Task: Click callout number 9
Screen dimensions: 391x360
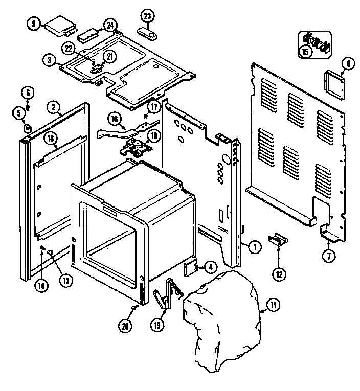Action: (x=34, y=24)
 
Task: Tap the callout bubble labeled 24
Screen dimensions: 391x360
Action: (x=109, y=25)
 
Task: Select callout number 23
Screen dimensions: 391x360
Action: (x=148, y=16)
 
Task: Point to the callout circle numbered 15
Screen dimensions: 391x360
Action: (x=305, y=51)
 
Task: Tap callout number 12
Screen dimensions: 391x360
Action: (x=279, y=274)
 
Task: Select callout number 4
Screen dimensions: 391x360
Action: (x=210, y=266)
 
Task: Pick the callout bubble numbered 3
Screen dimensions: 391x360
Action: (x=50, y=60)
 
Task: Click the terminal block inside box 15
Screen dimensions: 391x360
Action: (x=316, y=40)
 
